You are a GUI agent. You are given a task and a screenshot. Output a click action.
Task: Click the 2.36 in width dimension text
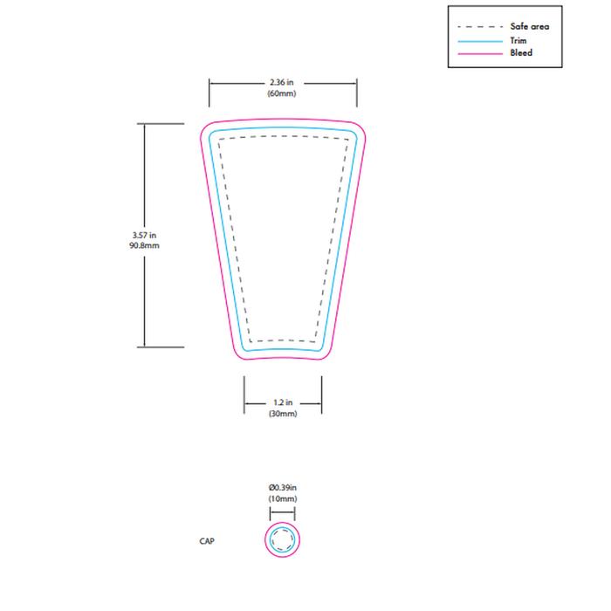click(283, 82)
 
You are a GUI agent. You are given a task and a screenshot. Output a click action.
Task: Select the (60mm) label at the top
click(283, 93)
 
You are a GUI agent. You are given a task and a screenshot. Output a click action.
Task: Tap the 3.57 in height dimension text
click(143, 236)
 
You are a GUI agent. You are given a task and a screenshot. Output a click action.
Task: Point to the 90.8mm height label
click(143, 246)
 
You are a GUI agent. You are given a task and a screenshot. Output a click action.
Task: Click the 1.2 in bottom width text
click(283, 403)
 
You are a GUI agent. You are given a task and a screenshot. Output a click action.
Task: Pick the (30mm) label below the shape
click(283, 414)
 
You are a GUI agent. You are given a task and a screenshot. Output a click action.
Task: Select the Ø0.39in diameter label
click(283, 487)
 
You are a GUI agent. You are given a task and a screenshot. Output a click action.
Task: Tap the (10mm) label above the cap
click(283, 498)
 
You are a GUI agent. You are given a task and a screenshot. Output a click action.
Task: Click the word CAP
click(207, 541)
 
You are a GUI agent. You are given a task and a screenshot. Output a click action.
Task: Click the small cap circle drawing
click(283, 540)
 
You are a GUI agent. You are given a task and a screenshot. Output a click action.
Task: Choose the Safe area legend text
click(530, 27)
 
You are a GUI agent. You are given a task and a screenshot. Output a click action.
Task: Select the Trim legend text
click(518, 40)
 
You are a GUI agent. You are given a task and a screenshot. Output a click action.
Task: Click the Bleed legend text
click(521, 53)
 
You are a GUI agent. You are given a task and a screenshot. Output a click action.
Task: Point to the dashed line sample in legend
click(478, 27)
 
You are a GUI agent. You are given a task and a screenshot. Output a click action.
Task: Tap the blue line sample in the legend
click(478, 40)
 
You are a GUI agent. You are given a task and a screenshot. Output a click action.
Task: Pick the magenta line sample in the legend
click(478, 53)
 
